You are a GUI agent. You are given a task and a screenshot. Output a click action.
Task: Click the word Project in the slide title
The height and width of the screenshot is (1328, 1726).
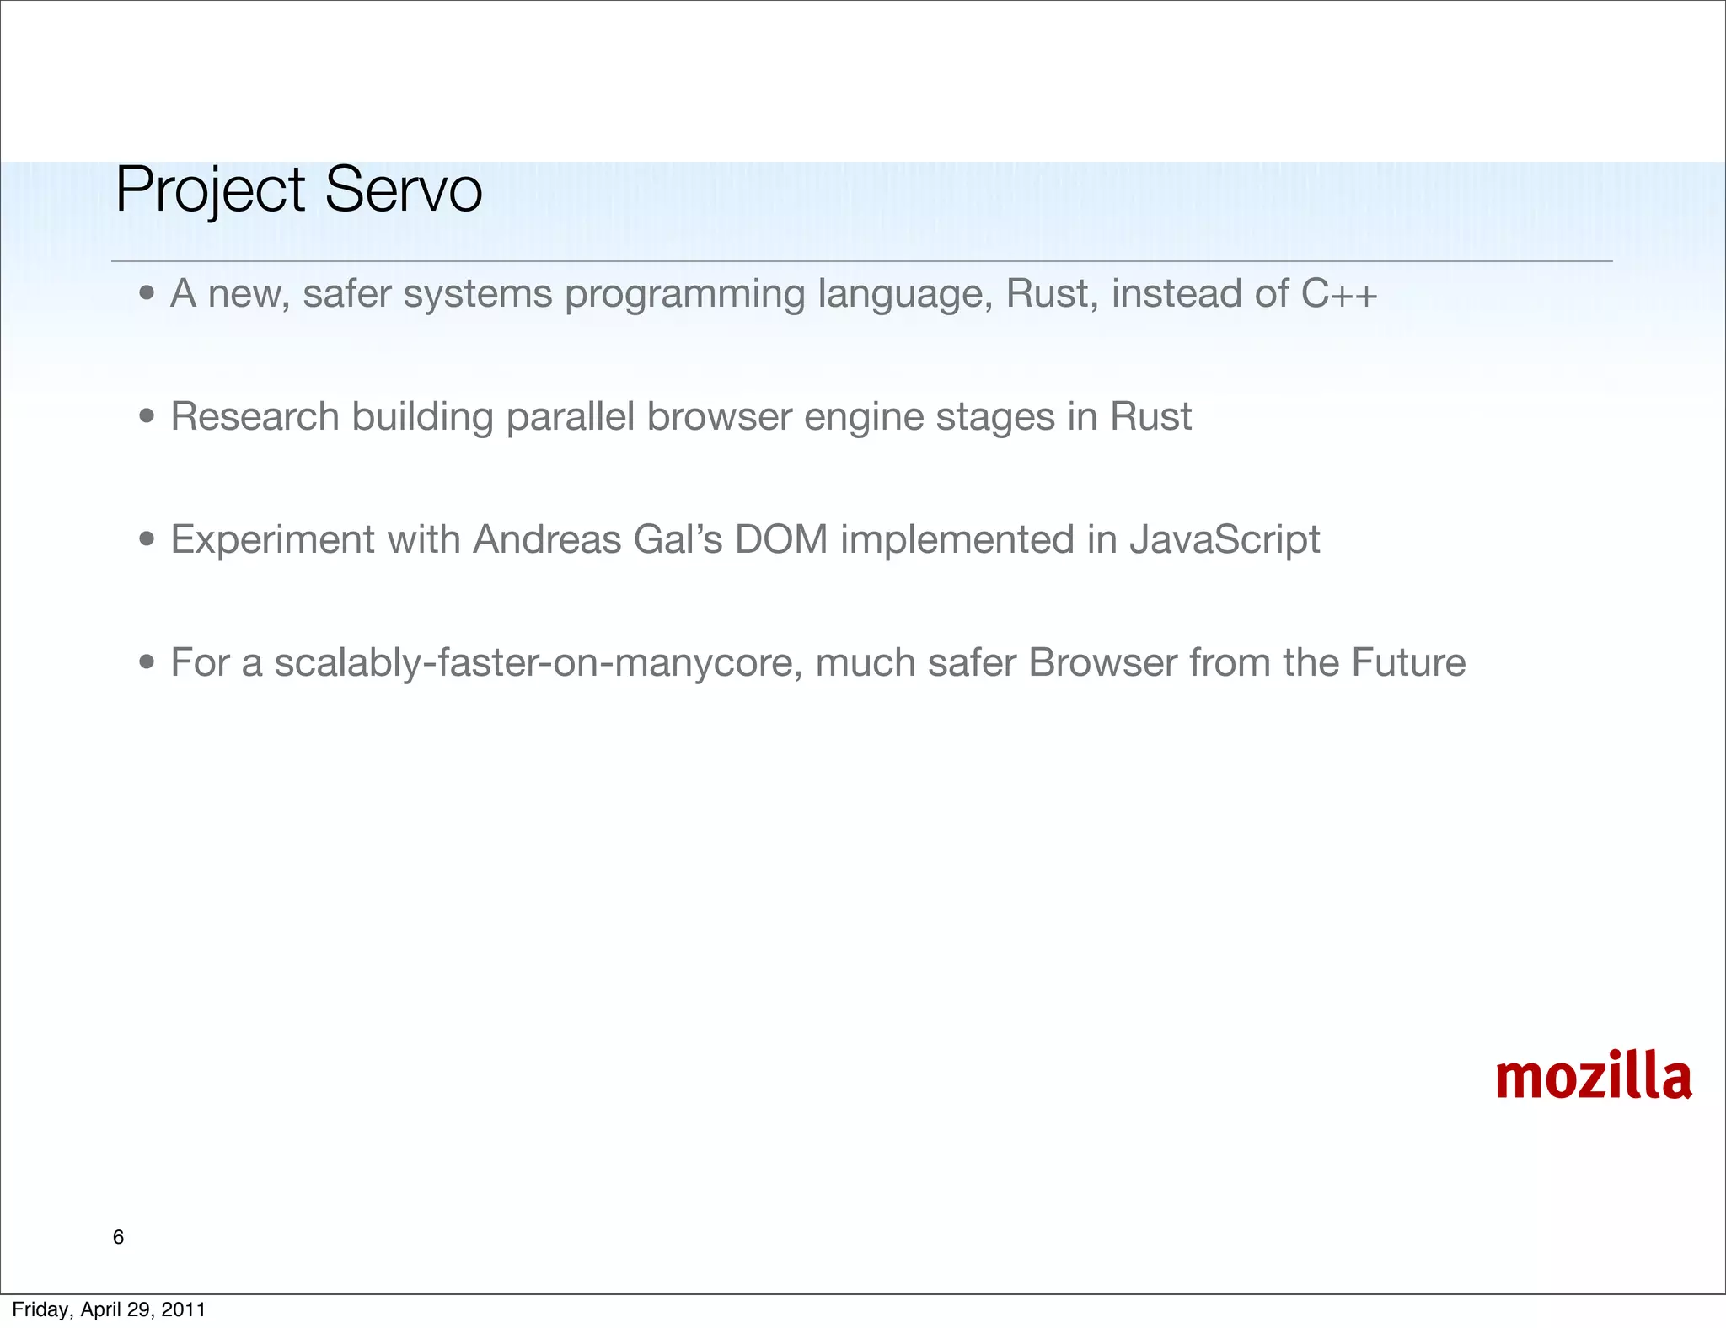(x=209, y=190)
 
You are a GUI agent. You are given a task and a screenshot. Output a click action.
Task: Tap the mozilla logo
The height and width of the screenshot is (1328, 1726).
(x=1593, y=1078)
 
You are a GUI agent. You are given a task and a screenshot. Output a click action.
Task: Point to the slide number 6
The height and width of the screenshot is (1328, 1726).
(x=118, y=1237)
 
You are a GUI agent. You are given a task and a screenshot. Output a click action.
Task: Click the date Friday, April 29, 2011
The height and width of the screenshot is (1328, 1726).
(x=109, y=1309)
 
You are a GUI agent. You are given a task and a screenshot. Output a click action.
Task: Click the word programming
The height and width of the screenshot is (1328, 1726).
(x=684, y=295)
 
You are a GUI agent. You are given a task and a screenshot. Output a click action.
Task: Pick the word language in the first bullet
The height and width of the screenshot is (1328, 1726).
(x=905, y=295)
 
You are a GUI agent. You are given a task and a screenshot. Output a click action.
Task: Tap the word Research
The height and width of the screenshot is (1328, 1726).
(x=255, y=416)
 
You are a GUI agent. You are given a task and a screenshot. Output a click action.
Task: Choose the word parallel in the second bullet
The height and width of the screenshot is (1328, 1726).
(x=570, y=416)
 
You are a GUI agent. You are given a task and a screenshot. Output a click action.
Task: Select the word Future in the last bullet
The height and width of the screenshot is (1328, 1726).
(x=1408, y=662)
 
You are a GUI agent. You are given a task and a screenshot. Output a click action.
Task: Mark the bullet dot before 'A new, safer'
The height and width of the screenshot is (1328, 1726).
(x=147, y=293)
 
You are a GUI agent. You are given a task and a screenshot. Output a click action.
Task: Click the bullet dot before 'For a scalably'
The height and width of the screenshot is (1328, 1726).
(x=147, y=662)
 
